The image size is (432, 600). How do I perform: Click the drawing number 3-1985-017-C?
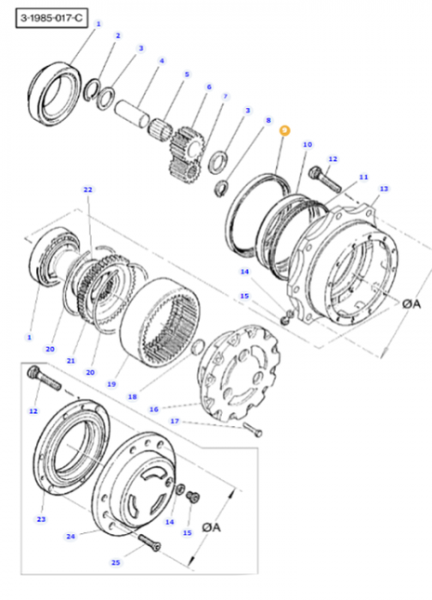pos(45,15)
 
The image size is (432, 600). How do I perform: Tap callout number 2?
pos(117,36)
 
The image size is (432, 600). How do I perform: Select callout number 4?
pos(162,61)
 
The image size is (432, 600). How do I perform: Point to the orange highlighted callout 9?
pos(285,132)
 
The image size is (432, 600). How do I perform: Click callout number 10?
pos(308,145)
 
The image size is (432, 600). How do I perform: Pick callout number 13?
pos(384,188)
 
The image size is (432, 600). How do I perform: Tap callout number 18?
pos(132,396)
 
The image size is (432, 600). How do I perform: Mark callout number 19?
pos(111,382)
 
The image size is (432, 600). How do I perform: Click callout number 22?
pos(88,190)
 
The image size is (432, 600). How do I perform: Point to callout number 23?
pos(41,519)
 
